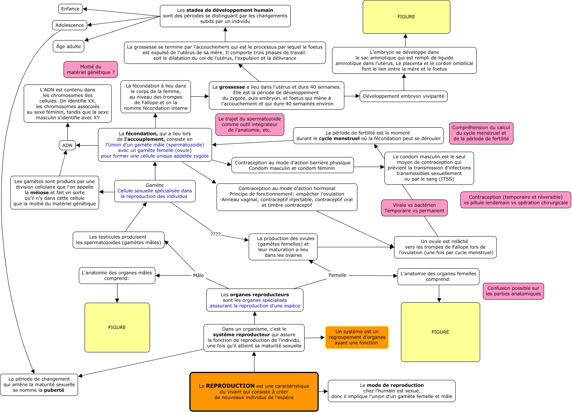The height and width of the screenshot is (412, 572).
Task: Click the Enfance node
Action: [x=70, y=9]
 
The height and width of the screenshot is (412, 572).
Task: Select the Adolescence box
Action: [x=70, y=25]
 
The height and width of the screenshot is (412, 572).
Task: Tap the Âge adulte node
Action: [x=68, y=47]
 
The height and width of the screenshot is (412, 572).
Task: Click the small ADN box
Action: [x=67, y=145]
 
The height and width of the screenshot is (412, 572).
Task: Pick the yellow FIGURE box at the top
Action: [x=406, y=17]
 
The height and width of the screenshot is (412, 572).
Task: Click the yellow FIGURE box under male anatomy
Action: [x=117, y=328]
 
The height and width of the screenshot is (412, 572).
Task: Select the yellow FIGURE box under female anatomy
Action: [x=440, y=332]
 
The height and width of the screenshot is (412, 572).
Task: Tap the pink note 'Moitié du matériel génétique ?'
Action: [x=91, y=70]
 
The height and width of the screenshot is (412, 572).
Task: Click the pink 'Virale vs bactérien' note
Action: [x=414, y=208]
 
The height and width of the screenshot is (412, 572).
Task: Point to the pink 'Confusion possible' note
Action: [x=513, y=291]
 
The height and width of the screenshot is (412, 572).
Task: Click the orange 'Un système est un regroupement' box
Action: [x=357, y=337]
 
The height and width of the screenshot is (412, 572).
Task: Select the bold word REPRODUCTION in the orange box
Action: [x=230, y=386]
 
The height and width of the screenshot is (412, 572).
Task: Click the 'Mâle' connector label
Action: [x=199, y=276]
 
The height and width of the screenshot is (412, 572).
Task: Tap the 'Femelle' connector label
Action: [x=337, y=275]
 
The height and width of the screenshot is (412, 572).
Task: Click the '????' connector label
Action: [x=215, y=234]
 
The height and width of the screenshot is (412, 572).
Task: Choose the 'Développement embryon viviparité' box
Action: [x=404, y=96]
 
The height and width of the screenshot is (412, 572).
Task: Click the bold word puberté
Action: [x=54, y=390]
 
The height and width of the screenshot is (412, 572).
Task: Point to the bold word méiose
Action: [x=39, y=193]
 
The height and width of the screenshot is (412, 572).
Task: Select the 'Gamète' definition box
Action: [x=155, y=191]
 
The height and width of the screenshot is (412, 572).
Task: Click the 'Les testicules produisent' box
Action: [x=119, y=240]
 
